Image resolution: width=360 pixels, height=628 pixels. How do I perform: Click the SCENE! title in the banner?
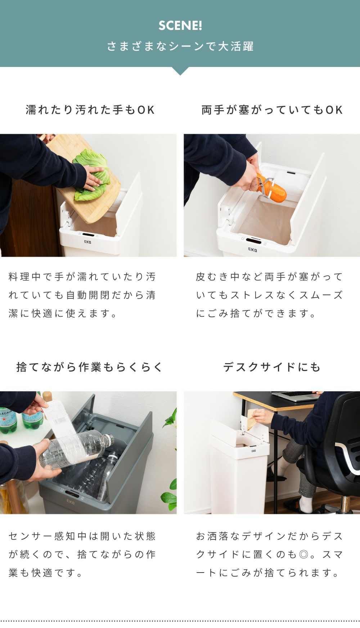pyautogui.click(x=180, y=26)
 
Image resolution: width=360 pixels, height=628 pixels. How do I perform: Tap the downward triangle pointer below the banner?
pyautogui.click(x=180, y=71)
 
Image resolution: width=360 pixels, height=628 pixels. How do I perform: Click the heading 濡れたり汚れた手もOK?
pyautogui.click(x=90, y=110)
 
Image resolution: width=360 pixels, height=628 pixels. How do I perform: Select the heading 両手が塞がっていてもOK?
pyautogui.click(x=272, y=110)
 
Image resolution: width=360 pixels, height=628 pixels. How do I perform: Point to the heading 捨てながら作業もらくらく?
pyautogui.click(x=90, y=367)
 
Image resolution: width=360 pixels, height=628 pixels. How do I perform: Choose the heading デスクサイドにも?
pyautogui.click(x=272, y=367)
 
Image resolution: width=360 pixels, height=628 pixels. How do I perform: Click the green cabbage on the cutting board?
pyautogui.click(x=91, y=175)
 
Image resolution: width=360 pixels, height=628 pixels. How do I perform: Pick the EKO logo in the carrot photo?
pyautogui.click(x=252, y=249)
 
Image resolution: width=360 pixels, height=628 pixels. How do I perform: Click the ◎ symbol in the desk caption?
pyautogui.click(x=304, y=554)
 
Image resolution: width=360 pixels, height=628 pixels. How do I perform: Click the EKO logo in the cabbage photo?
pyautogui.click(x=87, y=242)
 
